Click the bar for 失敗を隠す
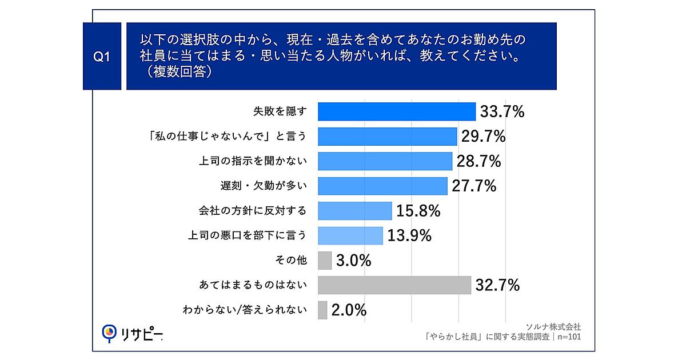(396, 111)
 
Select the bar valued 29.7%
(387, 136)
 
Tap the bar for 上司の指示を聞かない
(385, 161)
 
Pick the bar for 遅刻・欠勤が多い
(382, 186)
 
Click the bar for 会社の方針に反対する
(354, 211)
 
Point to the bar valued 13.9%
(350, 235)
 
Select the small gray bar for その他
(324, 261)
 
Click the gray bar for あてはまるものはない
(394, 285)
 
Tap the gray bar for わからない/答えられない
(322, 310)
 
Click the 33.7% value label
(502, 112)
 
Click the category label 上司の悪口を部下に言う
(247, 235)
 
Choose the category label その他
(292, 261)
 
